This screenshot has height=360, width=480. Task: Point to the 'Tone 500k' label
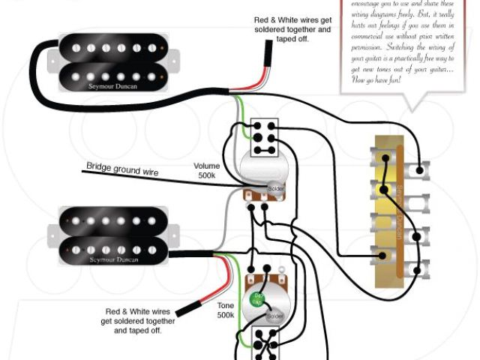[x=225, y=310]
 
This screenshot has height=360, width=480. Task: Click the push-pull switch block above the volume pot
[x=263, y=138]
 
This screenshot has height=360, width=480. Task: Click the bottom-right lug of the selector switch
[x=424, y=268]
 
